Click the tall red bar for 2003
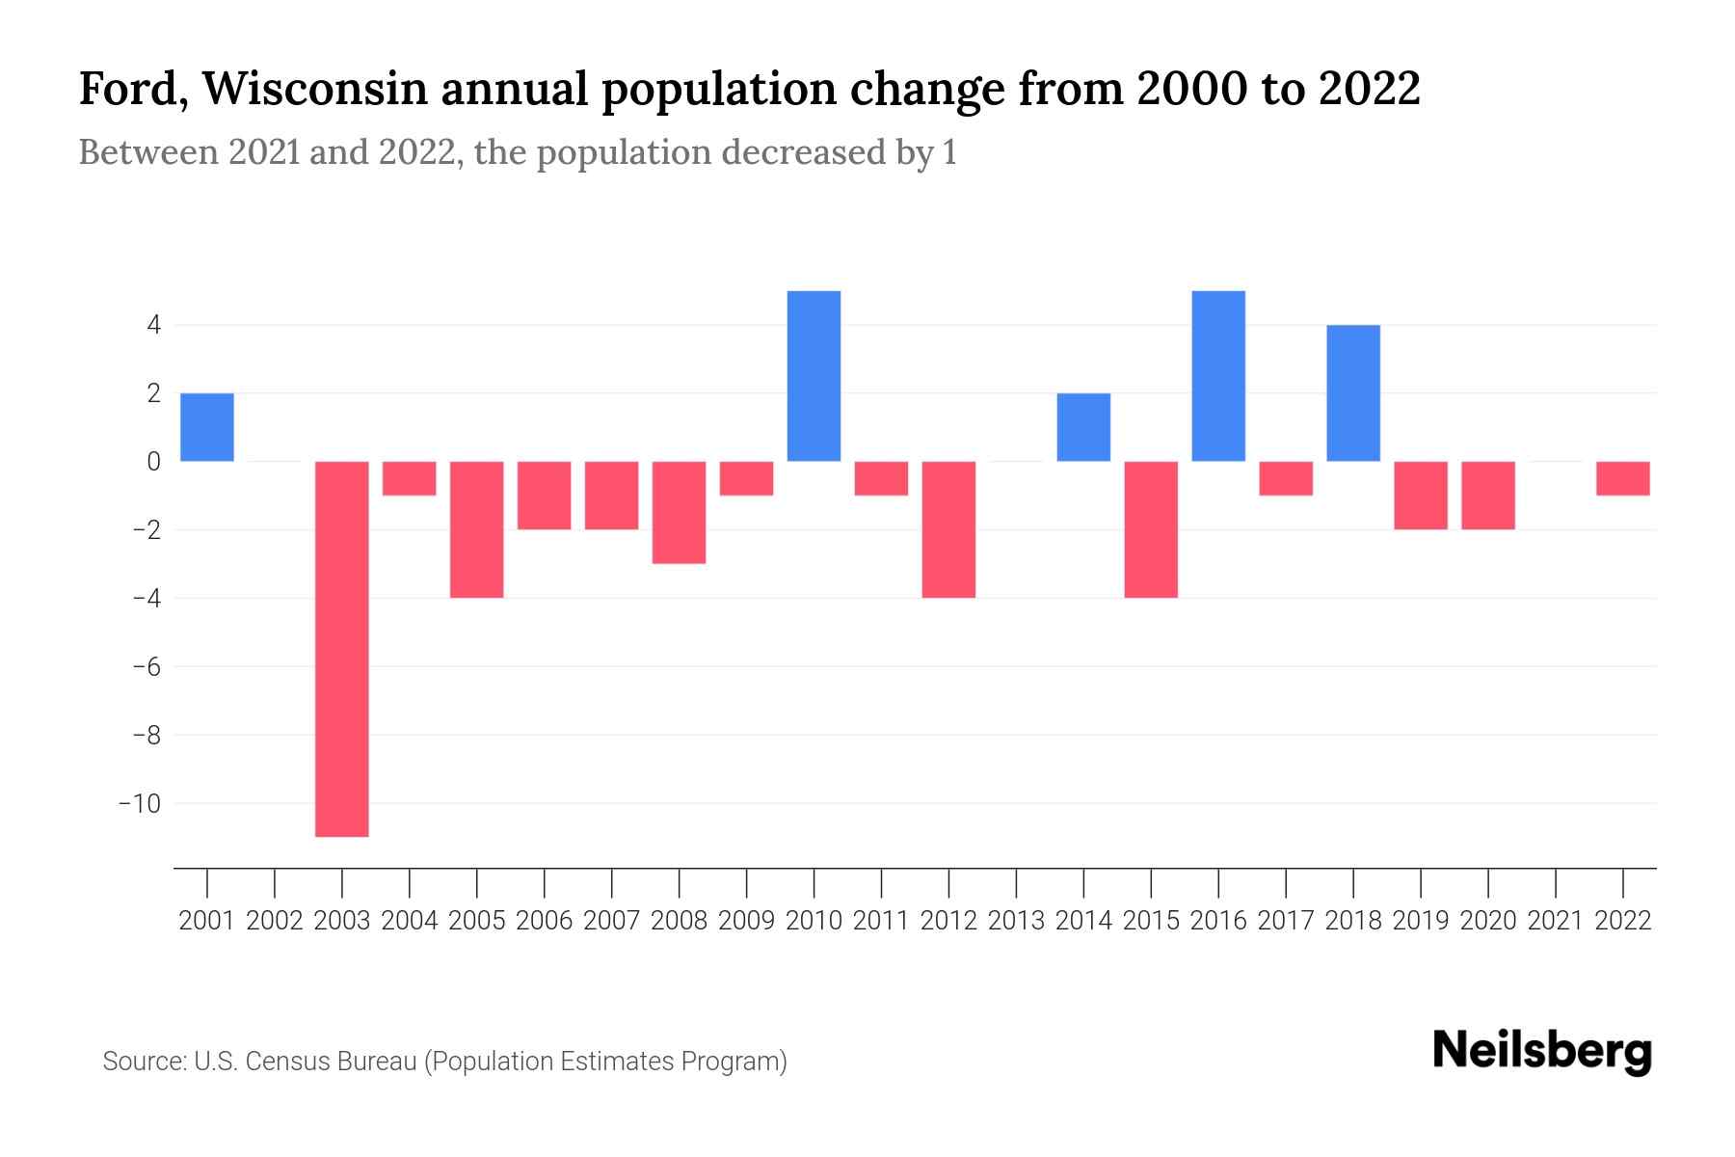[x=342, y=648]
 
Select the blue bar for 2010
[x=814, y=376]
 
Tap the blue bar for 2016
[x=1218, y=376]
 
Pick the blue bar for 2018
[x=1353, y=393]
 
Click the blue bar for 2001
[x=207, y=427]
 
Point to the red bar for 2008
[x=680, y=512]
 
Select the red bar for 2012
[x=948, y=529]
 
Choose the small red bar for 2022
[x=1623, y=478]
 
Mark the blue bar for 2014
[x=1083, y=427]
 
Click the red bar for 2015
[x=1151, y=529]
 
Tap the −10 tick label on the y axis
[x=139, y=803]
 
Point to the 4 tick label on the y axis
[x=153, y=325]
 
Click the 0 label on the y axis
[x=153, y=462]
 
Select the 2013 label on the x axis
[x=1016, y=921]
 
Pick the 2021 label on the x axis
[x=1556, y=921]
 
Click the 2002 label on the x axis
[x=275, y=921]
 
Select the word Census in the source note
[x=286, y=1062]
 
